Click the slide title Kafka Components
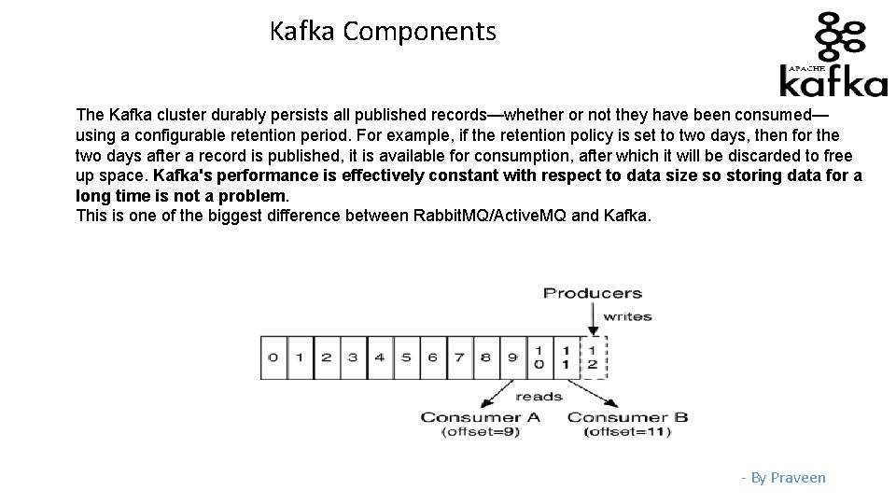[x=383, y=32]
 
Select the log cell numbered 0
[x=273, y=357]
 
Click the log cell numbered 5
[x=406, y=357]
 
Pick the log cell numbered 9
[x=512, y=357]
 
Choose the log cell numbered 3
[x=353, y=357]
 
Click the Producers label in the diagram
[x=593, y=293]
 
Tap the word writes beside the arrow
[x=626, y=316]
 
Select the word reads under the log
[x=539, y=396]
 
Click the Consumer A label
[x=481, y=417]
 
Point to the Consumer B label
[x=627, y=417]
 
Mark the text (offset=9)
[x=481, y=432]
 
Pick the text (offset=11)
[x=627, y=432]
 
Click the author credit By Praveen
[x=784, y=478]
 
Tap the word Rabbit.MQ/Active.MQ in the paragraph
[x=489, y=217]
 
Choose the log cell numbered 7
[x=459, y=357]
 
